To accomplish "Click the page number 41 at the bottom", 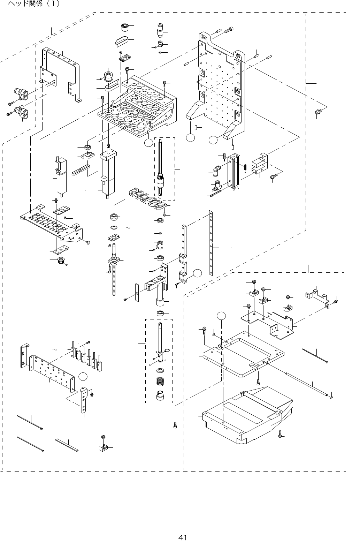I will pos(182,537).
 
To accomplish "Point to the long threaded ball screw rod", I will pos(114,279).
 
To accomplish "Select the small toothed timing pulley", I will pos(62,261).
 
